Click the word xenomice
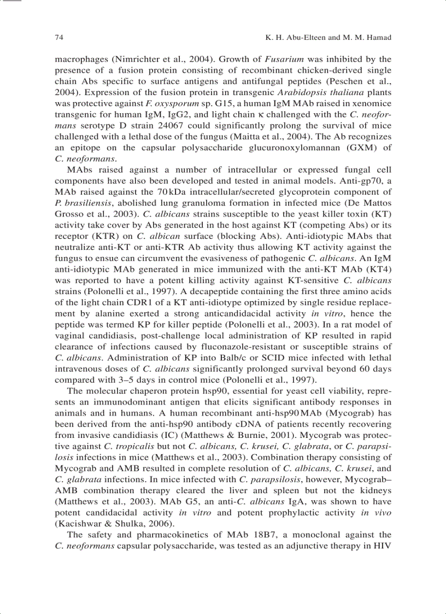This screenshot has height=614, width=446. pos(372,104)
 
